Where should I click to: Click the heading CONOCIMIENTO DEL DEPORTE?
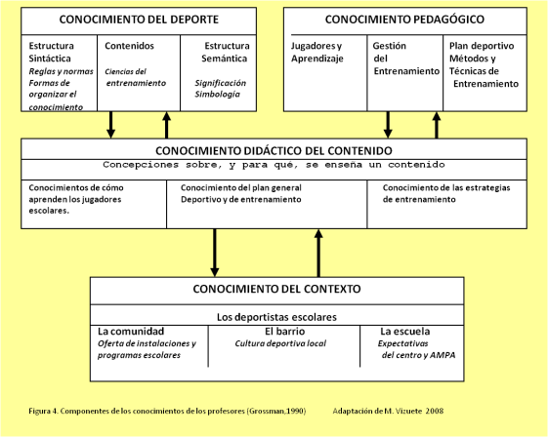click(140, 20)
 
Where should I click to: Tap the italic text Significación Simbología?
click(220, 89)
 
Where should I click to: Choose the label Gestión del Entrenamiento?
click(392, 59)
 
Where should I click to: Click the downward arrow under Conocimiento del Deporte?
click(111, 124)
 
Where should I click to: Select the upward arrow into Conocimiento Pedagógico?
click(437, 124)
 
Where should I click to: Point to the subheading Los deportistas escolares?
click(276, 317)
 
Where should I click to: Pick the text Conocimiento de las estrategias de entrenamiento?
click(447, 193)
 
